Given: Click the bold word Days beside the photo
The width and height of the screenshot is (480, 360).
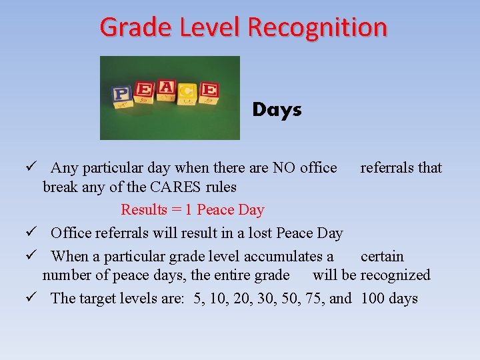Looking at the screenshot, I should point(277,110).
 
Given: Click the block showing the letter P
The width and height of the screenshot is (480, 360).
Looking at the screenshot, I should point(121,94).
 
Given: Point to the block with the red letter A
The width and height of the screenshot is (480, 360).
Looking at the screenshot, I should point(166,89).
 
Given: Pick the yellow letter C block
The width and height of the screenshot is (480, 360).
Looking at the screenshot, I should point(187,93).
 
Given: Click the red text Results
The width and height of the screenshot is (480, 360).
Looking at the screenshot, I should point(144,210).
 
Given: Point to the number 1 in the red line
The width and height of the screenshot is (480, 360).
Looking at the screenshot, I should point(189,210).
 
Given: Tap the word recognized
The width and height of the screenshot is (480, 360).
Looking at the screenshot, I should point(395,275).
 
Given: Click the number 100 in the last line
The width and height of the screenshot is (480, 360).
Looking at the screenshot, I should point(372,298).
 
